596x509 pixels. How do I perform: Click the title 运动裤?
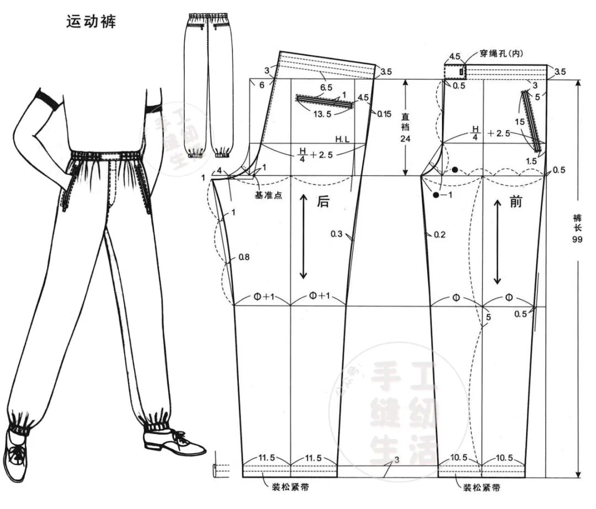click(91, 22)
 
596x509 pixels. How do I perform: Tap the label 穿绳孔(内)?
click(494, 53)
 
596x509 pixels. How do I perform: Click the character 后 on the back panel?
click(323, 202)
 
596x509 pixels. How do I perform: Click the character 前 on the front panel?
click(515, 202)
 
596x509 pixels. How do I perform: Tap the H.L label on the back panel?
click(342, 139)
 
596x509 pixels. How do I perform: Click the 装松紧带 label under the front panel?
click(482, 488)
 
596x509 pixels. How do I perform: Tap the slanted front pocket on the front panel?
click(531, 120)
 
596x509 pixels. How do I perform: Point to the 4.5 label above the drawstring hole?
click(455, 57)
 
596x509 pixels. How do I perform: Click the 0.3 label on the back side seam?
click(337, 234)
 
